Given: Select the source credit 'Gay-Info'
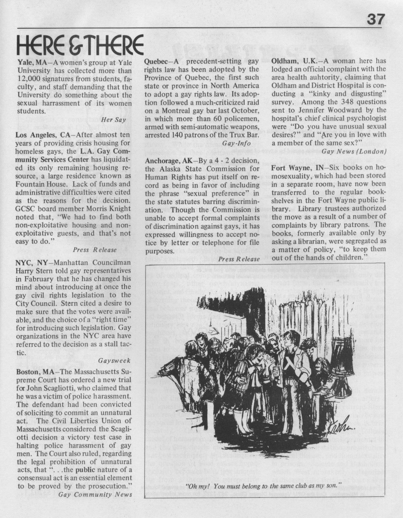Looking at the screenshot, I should tap(236, 143).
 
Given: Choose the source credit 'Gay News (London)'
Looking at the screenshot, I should tap(355, 151).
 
